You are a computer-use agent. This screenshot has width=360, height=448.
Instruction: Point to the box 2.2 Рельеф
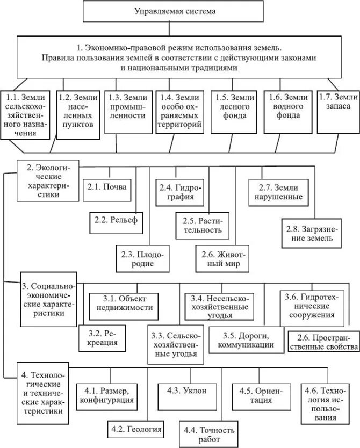tap(116, 221)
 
